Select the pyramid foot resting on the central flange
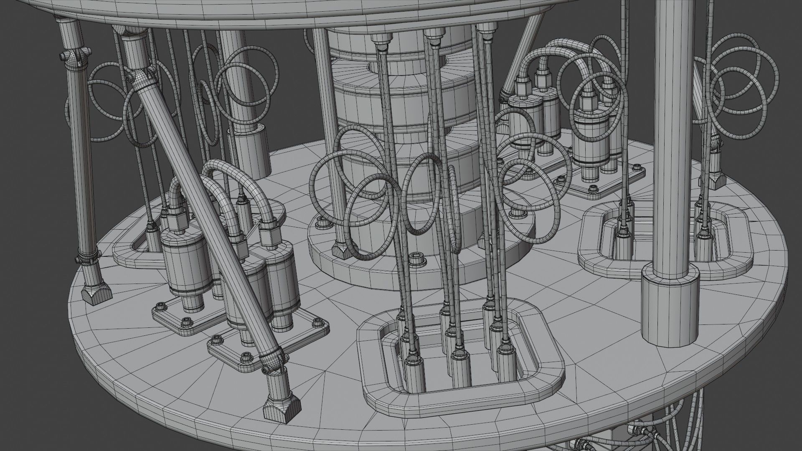point(342,252)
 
